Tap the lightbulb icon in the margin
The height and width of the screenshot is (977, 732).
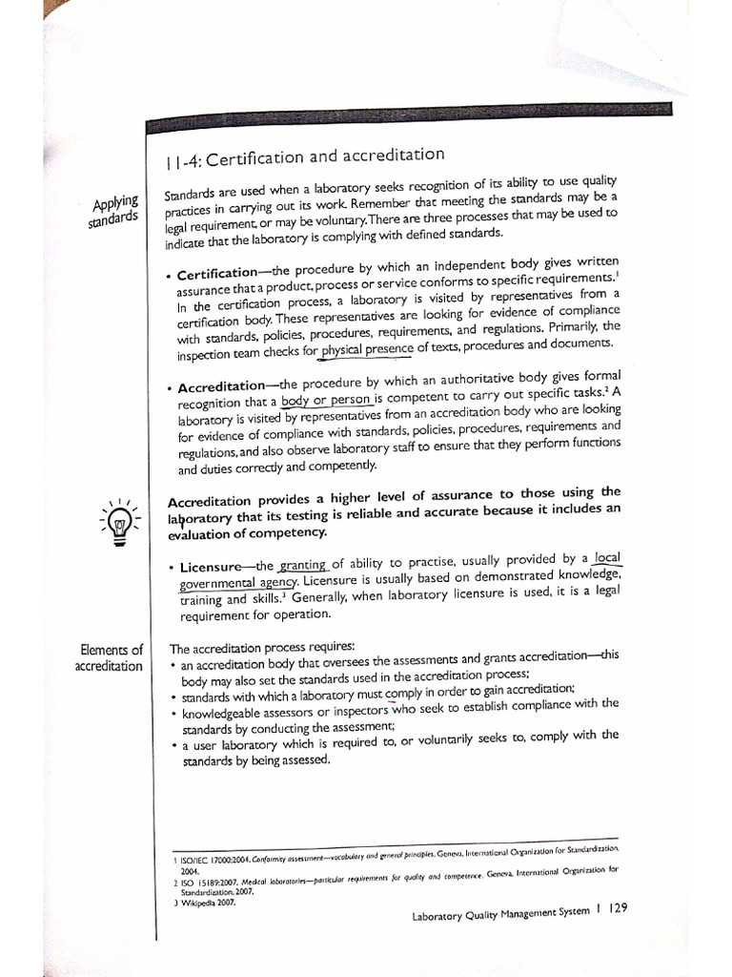[x=120, y=521]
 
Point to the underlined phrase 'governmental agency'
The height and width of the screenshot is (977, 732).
[x=238, y=582]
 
